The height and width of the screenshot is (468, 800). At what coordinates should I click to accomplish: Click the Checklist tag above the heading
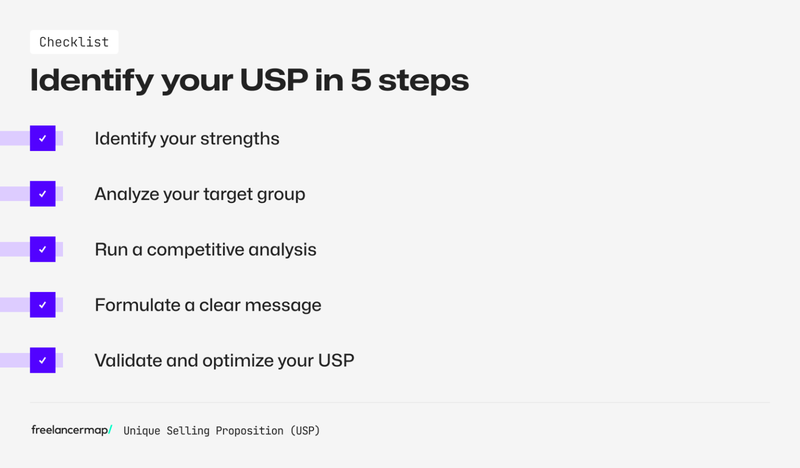tap(74, 42)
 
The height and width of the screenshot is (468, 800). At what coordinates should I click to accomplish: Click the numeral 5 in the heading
tap(360, 80)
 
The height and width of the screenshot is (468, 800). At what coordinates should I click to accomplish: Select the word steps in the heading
tap(423, 81)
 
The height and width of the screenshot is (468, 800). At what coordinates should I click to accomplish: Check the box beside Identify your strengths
tap(43, 138)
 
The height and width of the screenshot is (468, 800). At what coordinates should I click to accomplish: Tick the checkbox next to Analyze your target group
tap(43, 194)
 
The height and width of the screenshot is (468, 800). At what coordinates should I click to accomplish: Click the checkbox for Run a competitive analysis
tap(43, 249)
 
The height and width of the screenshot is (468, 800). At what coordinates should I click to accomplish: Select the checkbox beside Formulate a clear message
tap(43, 305)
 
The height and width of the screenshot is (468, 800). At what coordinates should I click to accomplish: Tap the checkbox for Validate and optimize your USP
tap(43, 360)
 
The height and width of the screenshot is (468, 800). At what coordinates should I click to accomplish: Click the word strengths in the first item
tap(240, 140)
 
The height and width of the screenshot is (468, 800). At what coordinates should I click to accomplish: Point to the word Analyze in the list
tap(127, 194)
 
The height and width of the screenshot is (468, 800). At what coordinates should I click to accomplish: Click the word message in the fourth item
tap(283, 306)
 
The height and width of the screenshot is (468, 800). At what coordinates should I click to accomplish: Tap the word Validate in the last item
tap(128, 360)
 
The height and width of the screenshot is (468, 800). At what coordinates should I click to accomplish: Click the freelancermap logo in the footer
tap(70, 430)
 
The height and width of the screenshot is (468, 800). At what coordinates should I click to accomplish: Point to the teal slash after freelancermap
tap(110, 429)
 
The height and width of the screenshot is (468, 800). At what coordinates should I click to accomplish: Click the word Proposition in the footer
tap(249, 431)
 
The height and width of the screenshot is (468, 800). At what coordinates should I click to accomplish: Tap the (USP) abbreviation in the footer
tap(305, 431)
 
